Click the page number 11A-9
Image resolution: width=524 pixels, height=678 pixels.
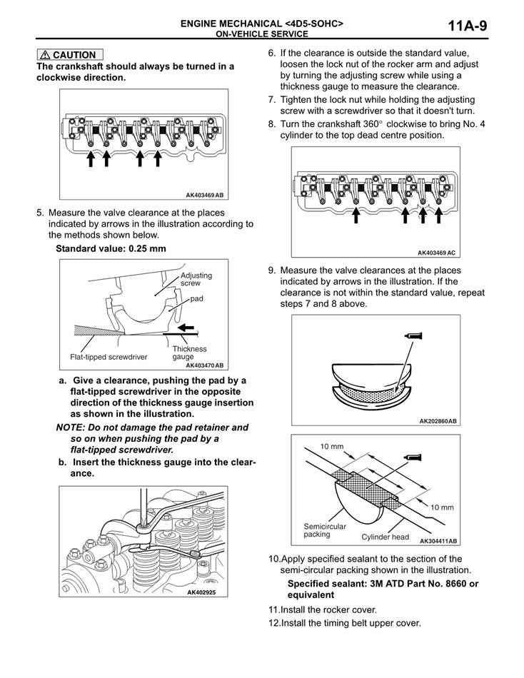point(468,27)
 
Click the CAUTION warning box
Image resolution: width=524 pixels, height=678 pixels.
point(70,54)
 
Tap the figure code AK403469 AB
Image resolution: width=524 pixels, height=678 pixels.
point(204,195)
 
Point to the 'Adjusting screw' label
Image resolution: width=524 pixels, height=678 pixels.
point(196,279)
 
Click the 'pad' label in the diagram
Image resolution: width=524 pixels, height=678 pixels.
point(196,298)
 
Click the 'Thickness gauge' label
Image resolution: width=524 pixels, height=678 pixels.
point(189,353)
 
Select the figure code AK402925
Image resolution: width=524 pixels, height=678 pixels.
point(201,592)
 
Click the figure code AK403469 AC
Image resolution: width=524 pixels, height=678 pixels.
point(436,252)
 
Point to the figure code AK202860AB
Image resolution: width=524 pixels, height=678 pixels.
point(438,421)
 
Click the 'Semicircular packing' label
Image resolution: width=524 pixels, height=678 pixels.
point(325,530)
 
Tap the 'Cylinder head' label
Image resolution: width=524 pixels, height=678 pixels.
point(385,537)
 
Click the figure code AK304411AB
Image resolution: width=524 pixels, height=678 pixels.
point(438,541)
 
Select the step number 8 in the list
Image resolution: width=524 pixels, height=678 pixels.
point(272,123)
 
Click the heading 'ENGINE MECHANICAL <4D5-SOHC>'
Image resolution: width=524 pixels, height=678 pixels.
point(261,24)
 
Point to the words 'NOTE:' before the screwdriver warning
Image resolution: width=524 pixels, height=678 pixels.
point(71,427)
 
